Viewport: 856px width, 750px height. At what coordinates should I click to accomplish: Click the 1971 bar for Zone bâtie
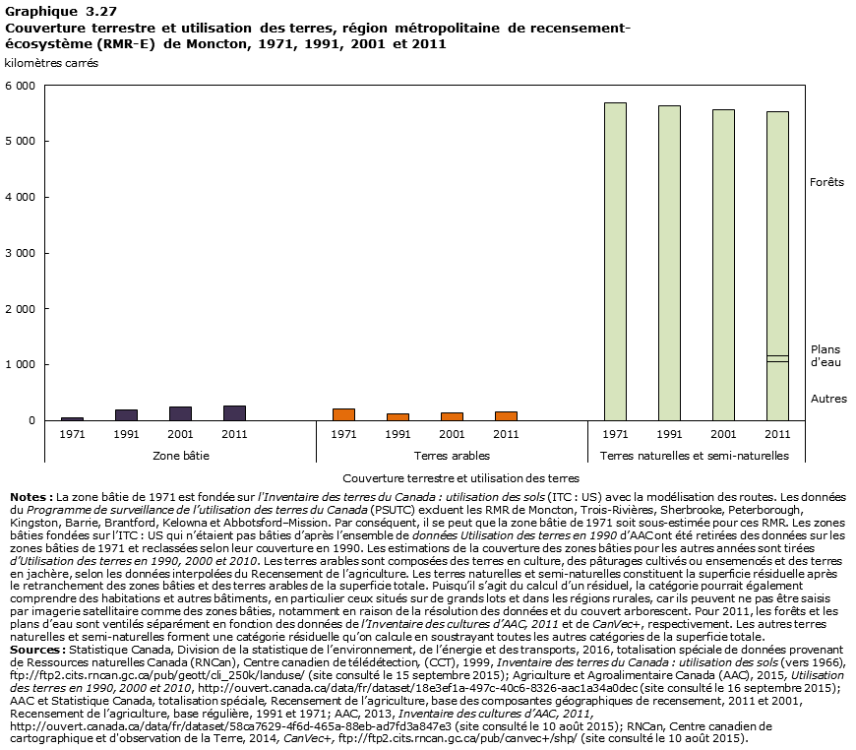72,418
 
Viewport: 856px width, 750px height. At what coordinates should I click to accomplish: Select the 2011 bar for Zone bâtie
234,413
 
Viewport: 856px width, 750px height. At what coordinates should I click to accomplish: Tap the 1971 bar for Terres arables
343,414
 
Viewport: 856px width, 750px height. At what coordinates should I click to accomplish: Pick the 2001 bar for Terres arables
452,416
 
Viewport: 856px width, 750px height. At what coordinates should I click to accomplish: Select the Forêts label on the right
826,182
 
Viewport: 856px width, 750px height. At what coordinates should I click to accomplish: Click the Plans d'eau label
825,355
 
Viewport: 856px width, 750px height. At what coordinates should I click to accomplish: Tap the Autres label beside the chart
827,399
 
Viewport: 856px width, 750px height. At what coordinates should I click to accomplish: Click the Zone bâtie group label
180,456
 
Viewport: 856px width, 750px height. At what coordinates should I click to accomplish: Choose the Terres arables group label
452,456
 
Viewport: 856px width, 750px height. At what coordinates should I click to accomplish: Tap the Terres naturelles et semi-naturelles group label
695,456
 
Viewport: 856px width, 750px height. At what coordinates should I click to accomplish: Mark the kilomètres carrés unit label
51,63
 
